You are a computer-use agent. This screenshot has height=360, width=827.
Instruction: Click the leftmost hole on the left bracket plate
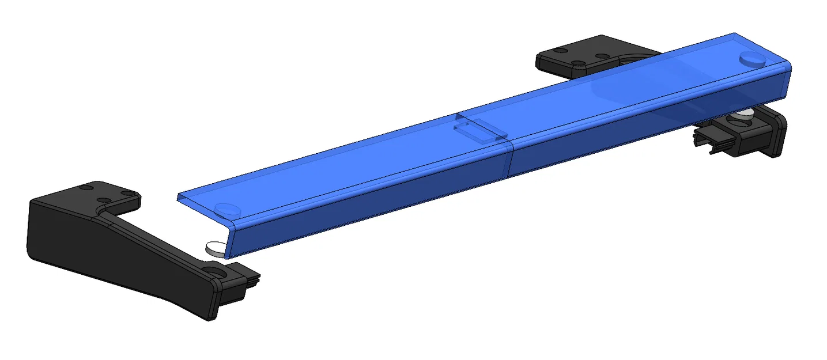(x=86, y=188)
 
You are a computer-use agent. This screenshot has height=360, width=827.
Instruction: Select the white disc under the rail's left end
(x=213, y=248)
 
